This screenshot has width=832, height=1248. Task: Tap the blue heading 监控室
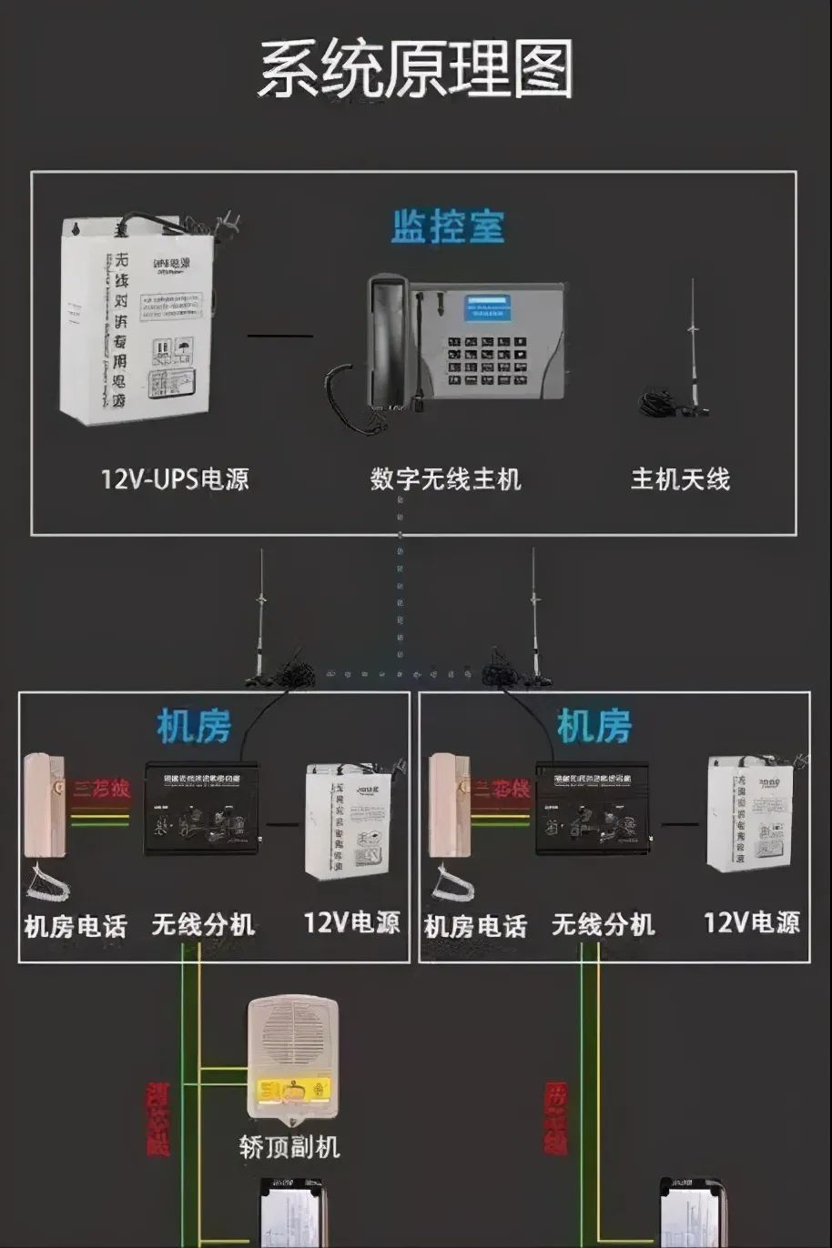447,226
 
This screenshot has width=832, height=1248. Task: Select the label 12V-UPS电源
175,478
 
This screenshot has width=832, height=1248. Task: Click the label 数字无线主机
445,478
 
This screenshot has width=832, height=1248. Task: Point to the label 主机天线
680,478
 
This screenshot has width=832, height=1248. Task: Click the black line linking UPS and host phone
279,336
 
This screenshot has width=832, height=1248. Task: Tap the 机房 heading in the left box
194,726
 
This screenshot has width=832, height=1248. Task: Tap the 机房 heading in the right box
594,726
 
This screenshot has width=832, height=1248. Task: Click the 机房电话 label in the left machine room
75,927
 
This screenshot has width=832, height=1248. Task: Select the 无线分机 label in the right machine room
603,925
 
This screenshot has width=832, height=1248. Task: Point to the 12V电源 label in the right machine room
751,923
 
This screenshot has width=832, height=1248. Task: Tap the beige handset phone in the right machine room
447,805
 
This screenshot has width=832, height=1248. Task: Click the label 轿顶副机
289,1146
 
